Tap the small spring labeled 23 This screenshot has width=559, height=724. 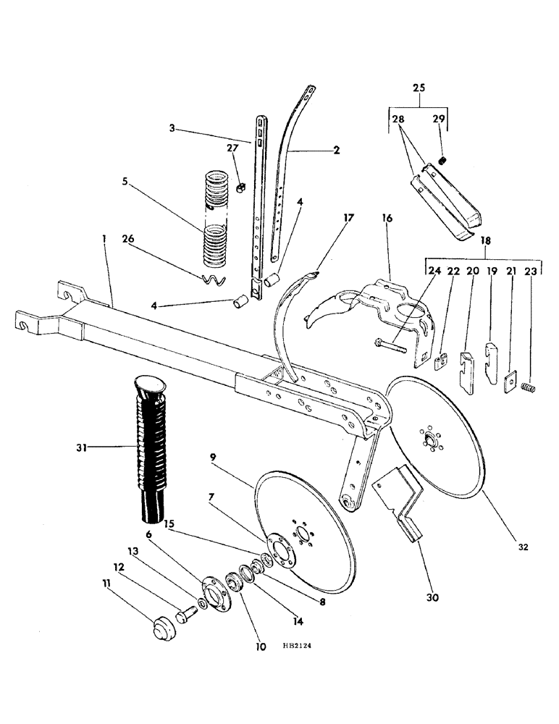click(x=529, y=390)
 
